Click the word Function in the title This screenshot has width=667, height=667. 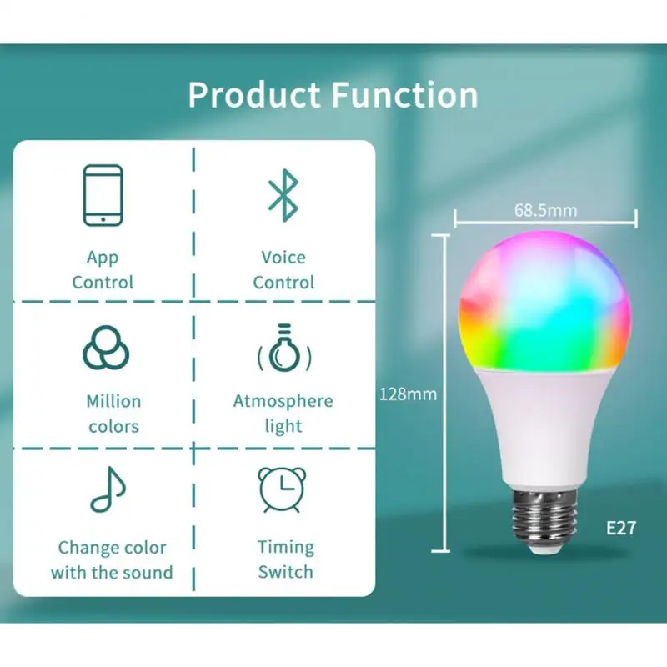(405, 95)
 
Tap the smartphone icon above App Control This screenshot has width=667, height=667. (103, 194)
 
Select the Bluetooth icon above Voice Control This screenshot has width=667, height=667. (283, 194)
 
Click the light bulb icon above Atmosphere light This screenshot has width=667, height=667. (284, 349)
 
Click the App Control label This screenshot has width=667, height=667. (103, 270)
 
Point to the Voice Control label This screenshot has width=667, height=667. (283, 270)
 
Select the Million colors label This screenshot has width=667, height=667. (113, 414)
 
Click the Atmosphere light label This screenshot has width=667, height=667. (283, 414)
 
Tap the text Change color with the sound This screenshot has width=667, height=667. (112, 560)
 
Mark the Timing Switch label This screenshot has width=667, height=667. (285, 559)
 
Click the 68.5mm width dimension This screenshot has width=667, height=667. (545, 210)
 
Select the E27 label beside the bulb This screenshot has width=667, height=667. (620, 528)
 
